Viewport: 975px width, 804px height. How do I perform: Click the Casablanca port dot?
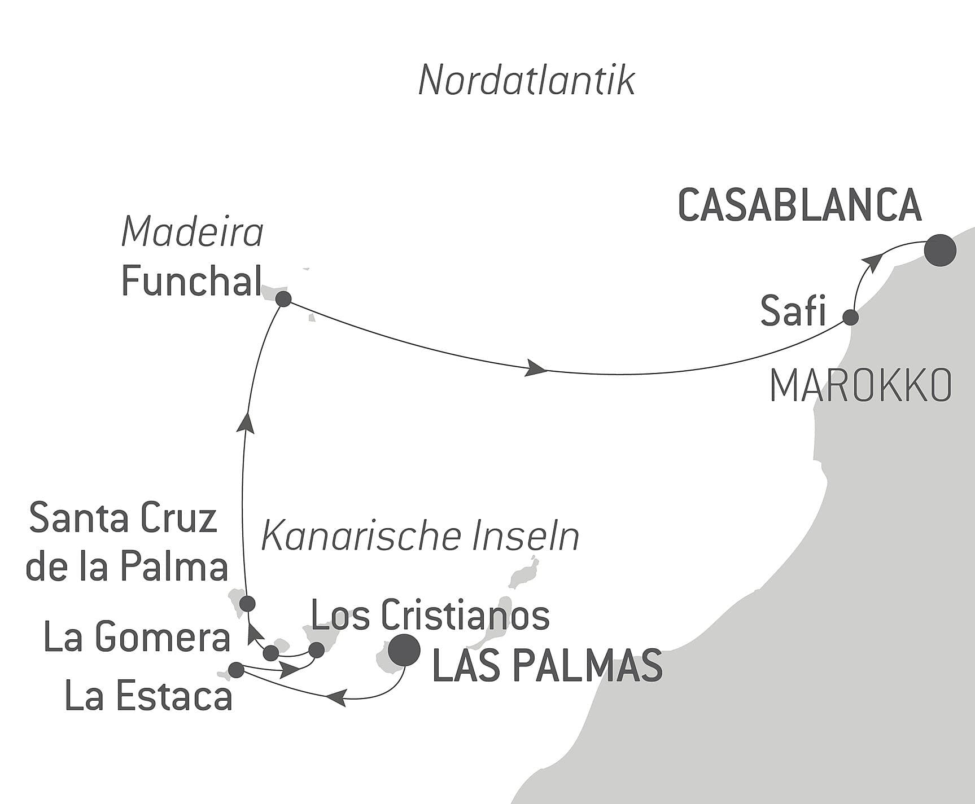(x=940, y=250)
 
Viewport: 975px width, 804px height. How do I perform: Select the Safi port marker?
(x=851, y=317)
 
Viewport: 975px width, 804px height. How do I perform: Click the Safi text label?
(x=793, y=311)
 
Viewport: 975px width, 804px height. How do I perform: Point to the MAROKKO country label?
(x=860, y=386)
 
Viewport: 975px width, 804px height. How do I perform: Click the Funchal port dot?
(x=283, y=299)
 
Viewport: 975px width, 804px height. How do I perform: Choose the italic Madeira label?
(x=193, y=232)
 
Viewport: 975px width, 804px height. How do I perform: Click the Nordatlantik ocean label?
(x=527, y=81)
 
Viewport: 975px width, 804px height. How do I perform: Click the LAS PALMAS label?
(x=546, y=666)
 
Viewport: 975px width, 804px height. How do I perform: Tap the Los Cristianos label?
(x=430, y=615)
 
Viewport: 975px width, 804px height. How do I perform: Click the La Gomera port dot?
(x=272, y=653)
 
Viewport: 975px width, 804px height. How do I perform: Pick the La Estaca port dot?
(x=235, y=670)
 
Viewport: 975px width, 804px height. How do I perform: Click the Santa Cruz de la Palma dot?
(x=247, y=604)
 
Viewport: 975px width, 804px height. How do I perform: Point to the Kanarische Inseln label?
(x=421, y=537)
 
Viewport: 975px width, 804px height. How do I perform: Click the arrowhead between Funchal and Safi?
(x=536, y=370)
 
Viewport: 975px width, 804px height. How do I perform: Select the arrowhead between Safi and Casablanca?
(x=874, y=263)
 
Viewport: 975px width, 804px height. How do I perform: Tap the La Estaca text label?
(x=149, y=696)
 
